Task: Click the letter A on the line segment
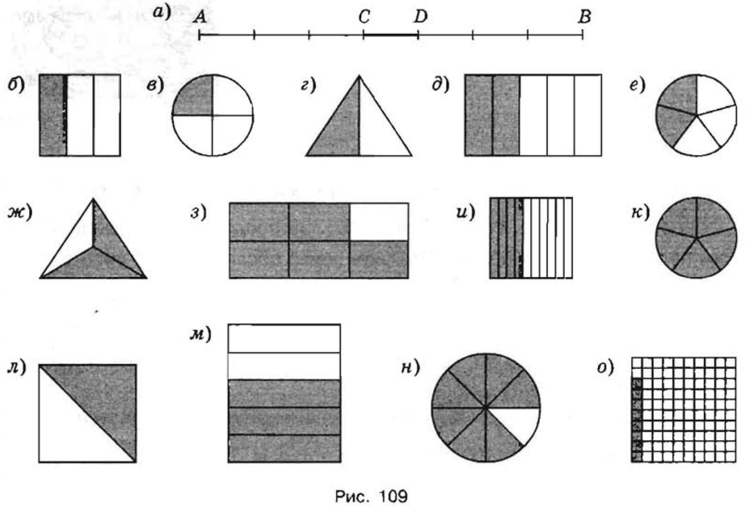(200, 17)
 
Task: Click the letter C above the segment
(365, 17)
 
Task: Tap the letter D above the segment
(420, 17)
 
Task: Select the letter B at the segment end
(585, 17)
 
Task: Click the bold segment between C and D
(391, 34)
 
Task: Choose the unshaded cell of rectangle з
(379, 221)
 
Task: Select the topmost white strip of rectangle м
(284, 339)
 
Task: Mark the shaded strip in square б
(53, 115)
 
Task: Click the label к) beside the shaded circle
(641, 213)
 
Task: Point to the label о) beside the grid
(605, 368)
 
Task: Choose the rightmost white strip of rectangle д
(588, 115)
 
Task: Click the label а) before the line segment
(162, 14)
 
